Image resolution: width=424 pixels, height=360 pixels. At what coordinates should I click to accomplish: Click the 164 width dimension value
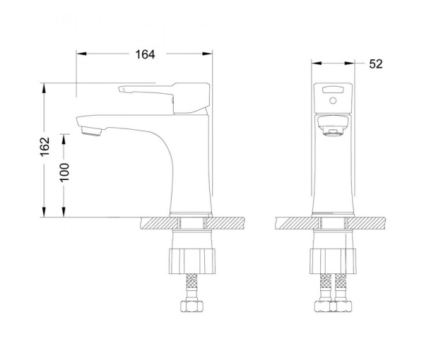click(x=145, y=54)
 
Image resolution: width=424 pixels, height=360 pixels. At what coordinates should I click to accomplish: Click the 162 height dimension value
click(x=45, y=146)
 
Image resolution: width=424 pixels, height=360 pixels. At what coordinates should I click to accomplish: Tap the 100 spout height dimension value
click(x=64, y=172)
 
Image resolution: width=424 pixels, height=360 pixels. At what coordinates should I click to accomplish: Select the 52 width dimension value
click(x=376, y=64)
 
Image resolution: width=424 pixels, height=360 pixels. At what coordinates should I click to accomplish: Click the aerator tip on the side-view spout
click(x=91, y=132)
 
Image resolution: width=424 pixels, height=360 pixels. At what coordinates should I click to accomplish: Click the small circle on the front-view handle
click(x=333, y=101)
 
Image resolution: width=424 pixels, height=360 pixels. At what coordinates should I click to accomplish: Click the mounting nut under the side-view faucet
click(x=192, y=261)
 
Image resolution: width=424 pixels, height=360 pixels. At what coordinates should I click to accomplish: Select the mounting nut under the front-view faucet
click(x=333, y=261)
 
